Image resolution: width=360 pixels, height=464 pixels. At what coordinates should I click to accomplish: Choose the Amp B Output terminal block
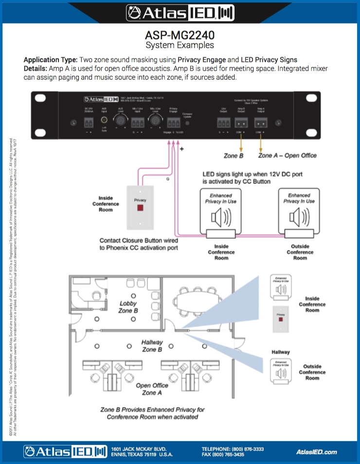[x=241, y=123]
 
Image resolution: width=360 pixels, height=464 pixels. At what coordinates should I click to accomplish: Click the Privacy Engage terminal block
[x=174, y=123]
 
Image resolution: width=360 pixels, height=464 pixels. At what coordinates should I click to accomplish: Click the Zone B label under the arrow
[x=233, y=156]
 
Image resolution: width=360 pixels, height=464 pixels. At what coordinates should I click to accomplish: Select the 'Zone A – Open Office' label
[x=287, y=156]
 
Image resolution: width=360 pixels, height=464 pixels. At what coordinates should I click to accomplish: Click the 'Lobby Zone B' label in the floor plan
[x=128, y=307]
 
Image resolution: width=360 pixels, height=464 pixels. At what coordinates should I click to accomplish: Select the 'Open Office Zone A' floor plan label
[x=152, y=389]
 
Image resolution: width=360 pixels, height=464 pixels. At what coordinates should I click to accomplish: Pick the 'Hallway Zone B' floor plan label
[x=152, y=346]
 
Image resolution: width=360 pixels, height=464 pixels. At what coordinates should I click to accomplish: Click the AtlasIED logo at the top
[x=180, y=13]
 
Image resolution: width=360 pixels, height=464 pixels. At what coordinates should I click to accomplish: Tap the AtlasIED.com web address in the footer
[x=317, y=452]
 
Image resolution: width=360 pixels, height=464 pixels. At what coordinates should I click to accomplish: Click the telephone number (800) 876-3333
[x=249, y=449]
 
